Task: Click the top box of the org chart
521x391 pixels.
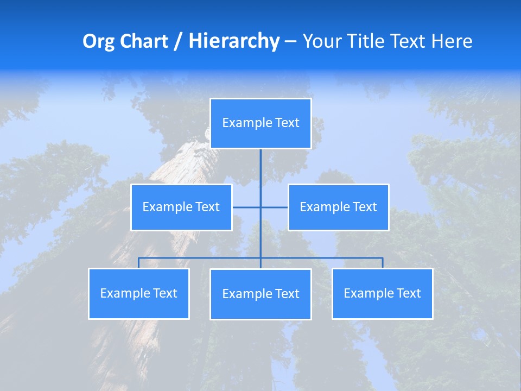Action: (260, 123)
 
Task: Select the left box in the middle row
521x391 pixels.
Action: (181, 207)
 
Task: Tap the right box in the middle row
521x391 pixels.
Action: (338, 207)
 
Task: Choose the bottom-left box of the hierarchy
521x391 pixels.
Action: (139, 293)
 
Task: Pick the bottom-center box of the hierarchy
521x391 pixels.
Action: (260, 294)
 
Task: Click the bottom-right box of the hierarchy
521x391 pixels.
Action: (382, 293)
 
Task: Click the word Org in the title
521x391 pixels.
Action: (97, 41)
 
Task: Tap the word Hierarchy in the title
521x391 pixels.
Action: (233, 41)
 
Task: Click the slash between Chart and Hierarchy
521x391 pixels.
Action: (178, 41)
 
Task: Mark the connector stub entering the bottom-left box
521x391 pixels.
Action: (139, 263)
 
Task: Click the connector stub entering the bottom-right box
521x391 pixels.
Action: (382, 263)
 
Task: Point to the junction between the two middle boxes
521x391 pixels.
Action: (260, 207)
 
